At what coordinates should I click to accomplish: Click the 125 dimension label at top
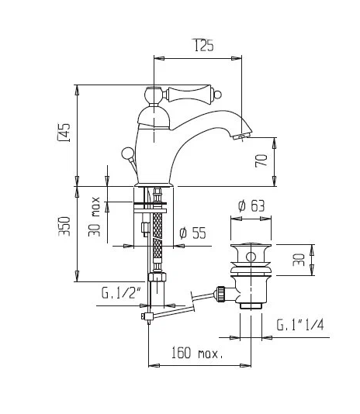click(x=204, y=45)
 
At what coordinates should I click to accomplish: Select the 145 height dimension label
click(x=64, y=133)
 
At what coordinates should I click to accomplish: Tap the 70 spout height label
click(x=261, y=160)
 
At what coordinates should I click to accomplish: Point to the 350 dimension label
click(x=64, y=226)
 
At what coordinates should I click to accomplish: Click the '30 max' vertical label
click(x=94, y=216)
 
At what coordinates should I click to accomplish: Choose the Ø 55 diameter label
click(x=192, y=233)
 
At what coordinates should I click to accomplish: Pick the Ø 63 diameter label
click(x=251, y=205)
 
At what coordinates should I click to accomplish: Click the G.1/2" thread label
click(x=121, y=292)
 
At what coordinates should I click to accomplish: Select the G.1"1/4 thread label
click(x=300, y=325)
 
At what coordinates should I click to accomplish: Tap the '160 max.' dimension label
click(x=197, y=353)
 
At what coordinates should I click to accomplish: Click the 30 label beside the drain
click(x=299, y=260)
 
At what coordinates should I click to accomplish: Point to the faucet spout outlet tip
click(x=241, y=136)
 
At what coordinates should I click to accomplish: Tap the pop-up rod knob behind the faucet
click(x=126, y=153)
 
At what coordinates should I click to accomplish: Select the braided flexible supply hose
click(x=157, y=238)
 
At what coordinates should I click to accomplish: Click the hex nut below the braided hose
click(x=157, y=277)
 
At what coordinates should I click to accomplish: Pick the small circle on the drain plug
click(x=251, y=257)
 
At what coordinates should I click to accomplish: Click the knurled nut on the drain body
click(x=220, y=294)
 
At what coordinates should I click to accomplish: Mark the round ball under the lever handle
click(x=154, y=95)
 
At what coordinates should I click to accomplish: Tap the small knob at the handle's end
click(x=218, y=94)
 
